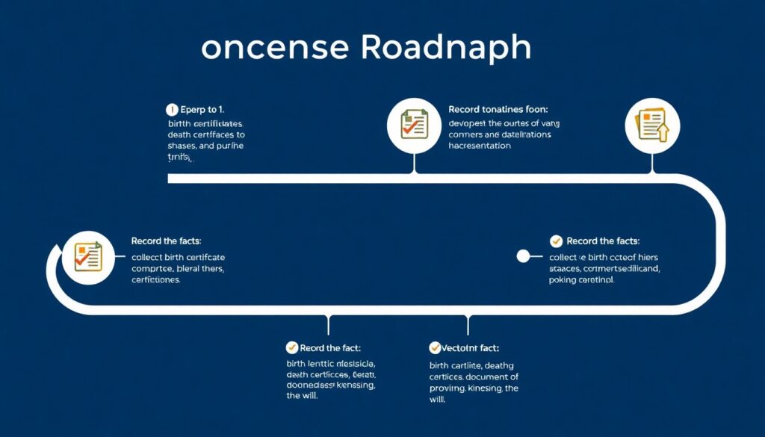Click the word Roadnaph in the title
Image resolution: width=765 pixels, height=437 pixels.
click(446, 47)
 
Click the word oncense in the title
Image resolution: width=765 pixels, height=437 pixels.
click(275, 48)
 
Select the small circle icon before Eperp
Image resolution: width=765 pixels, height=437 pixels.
click(172, 109)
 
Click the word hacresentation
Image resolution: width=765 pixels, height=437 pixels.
click(480, 146)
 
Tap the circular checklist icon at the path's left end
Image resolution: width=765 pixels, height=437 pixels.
click(87, 256)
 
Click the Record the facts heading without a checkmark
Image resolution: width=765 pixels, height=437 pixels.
click(166, 241)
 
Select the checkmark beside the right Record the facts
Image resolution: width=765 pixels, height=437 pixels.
click(556, 241)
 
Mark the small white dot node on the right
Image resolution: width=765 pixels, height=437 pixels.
click(524, 256)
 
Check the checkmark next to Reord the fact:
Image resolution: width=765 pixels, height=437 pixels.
click(292, 348)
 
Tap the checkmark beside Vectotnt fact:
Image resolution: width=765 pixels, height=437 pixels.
click(435, 348)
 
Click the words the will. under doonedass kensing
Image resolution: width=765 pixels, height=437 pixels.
click(303, 397)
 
